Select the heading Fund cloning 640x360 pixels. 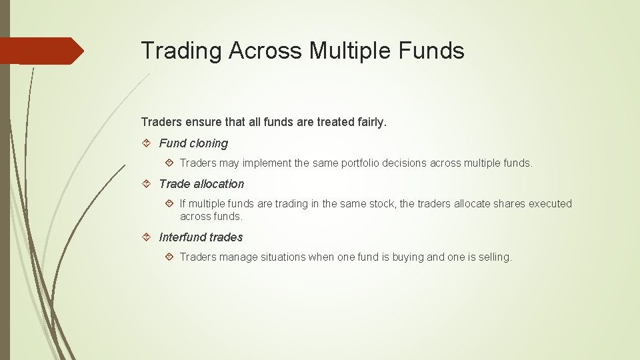(x=193, y=143)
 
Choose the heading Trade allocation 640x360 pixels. (x=201, y=184)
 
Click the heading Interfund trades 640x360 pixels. (x=201, y=237)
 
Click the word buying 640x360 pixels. (x=408, y=257)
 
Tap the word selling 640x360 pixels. (x=495, y=257)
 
